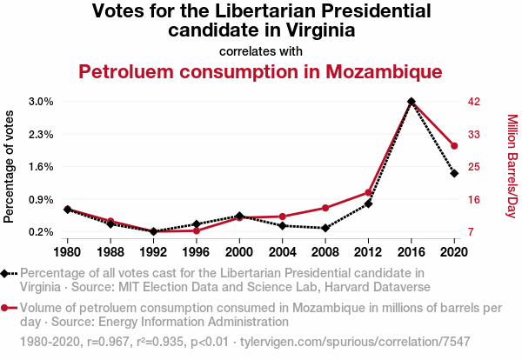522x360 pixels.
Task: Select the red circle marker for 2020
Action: pyautogui.click(x=454, y=146)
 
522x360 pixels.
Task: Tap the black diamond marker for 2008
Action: pyautogui.click(x=325, y=228)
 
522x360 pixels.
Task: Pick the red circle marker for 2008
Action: pyautogui.click(x=325, y=208)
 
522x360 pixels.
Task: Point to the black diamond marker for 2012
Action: pyautogui.click(x=369, y=203)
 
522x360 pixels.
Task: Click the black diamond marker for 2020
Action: pyautogui.click(x=454, y=173)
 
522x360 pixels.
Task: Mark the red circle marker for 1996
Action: pyautogui.click(x=197, y=230)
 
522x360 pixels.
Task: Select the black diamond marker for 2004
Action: pyautogui.click(x=283, y=225)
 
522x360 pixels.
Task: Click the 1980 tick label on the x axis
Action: pyautogui.click(x=68, y=252)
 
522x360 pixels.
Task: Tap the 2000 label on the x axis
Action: pyautogui.click(x=239, y=252)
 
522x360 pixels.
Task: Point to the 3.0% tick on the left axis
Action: pyautogui.click(x=40, y=102)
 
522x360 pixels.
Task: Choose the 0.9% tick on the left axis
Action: pyautogui.click(x=40, y=199)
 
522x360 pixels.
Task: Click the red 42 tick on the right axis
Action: pyautogui.click(x=474, y=102)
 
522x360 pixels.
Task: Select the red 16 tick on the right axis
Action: pyautogui.click(x=474, y=199)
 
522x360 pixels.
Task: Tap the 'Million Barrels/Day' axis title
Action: pyautogui.click(x=512, y=166)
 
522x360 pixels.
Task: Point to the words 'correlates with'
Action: pyautogui.click(x=261, y=50)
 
